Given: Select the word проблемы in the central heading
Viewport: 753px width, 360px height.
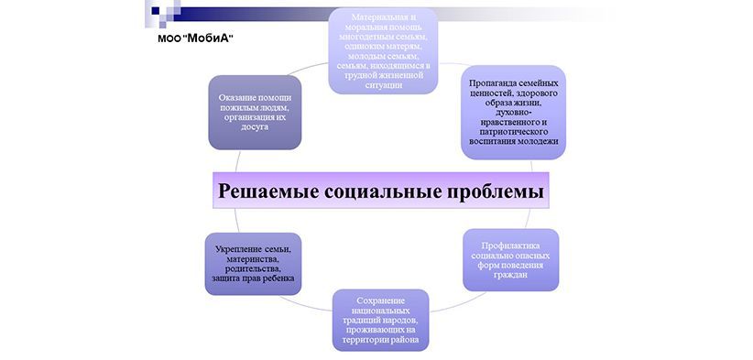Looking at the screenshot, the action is click(495, 192).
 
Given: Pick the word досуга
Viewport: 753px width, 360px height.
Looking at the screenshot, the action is click(256, 126).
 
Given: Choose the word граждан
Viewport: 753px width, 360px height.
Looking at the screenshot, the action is click(511, 273).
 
